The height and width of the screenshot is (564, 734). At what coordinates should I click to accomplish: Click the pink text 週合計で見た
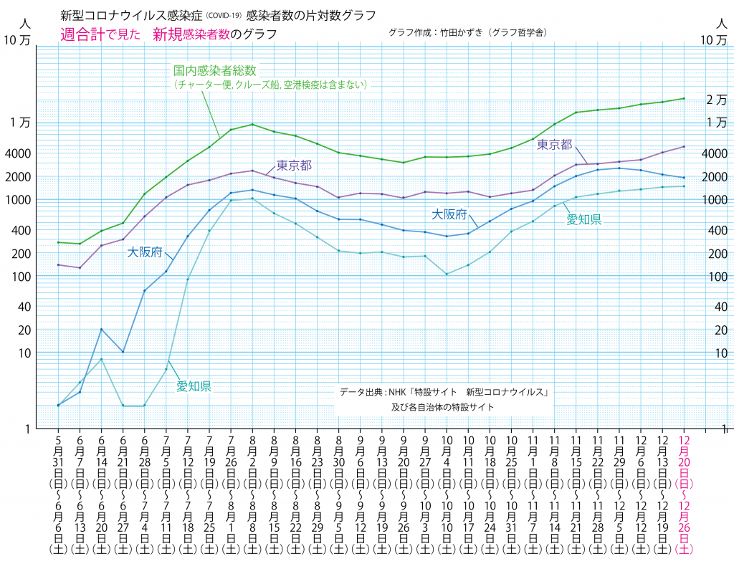click(x=100, y=34)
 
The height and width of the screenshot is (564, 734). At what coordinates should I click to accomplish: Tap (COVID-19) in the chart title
click(x=224, y=15)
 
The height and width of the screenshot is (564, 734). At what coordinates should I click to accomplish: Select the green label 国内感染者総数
click(x=215, y=71)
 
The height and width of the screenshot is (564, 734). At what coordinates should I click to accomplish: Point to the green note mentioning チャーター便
click(x=271, y=85)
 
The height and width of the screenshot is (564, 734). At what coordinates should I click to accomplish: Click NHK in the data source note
click(x=398, y=392)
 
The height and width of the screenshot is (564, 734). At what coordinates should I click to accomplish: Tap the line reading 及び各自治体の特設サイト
click(x=442, y=407)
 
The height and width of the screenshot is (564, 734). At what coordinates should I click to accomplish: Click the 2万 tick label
click(x=716, y=100)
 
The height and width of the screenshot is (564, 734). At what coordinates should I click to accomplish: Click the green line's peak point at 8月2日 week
click(x=252, y=125)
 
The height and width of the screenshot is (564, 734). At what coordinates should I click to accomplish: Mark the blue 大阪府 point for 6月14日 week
click(x=101, y=329)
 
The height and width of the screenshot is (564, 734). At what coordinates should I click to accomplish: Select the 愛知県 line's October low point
click(x=447, y=274)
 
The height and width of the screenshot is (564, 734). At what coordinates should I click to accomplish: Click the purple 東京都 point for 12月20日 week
click(x=684, y=146)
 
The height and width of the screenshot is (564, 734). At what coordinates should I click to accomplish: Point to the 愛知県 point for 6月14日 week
click(x=101, y=359)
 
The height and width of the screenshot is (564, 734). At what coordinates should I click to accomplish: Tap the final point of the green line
click(x=684, y=98)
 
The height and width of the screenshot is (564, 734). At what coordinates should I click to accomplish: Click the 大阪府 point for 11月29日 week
click(x=619, y=168)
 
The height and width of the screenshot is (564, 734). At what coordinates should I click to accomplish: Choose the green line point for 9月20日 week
click(x=404, y=163)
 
